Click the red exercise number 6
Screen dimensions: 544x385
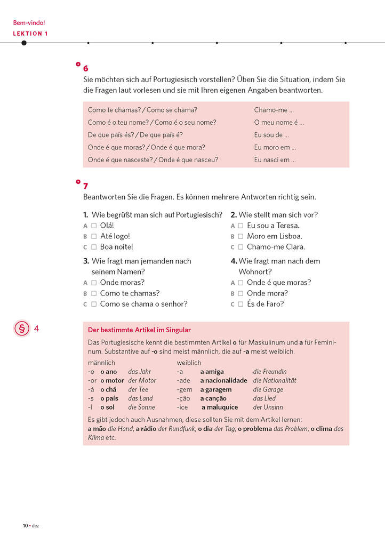(x=86, y=68)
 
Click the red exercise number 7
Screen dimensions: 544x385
(x=86, y=186)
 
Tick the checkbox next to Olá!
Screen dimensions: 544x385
(x=94, y=226)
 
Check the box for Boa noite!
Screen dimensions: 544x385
(x=94, y=247)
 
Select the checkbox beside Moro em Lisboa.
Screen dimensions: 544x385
(x=240, y=236)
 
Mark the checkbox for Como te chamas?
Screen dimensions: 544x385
(x=94, y=293)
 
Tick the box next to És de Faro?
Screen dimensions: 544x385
(x=240, y=304)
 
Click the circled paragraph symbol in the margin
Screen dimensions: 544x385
(x=22, y=329)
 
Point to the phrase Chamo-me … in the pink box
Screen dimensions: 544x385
(x=274, y=110)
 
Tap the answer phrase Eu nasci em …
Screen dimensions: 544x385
(x=275, y=159)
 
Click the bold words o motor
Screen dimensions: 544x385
(x=112, y=381)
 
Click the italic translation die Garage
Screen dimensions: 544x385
(x=268, y=390)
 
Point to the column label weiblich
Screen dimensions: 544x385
(x=189, y=363)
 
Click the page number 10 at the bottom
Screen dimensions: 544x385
(x=25, y=525)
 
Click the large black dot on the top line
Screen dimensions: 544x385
(x=23, y=43)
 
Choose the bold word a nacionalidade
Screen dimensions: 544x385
(x=223, y=381)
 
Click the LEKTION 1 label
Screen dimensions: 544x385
(x=30, y=34)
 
